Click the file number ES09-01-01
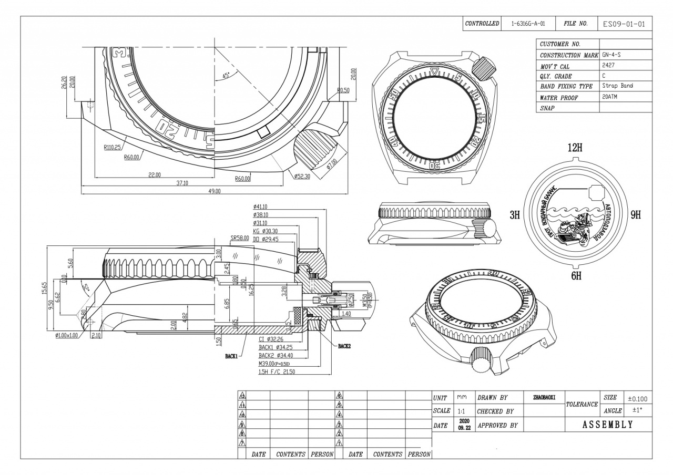click(624, 24)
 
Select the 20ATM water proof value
click(610, 97)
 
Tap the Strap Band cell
click(618, 86)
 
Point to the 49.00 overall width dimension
click(214, 191)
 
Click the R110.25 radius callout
click(112, 148)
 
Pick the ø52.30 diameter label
click(303, 177)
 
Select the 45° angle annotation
click(227, 76)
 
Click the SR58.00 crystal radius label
click(240, 238)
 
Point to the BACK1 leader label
click(232, 356)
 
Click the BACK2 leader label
click(344, 346)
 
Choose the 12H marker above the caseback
click(575, 148)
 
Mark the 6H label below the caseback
click(576, 276)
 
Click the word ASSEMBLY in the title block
click(607, 425)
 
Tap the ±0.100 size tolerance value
click(638, 399)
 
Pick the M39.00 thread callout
click(274, 364)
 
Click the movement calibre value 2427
click(609, 65)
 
